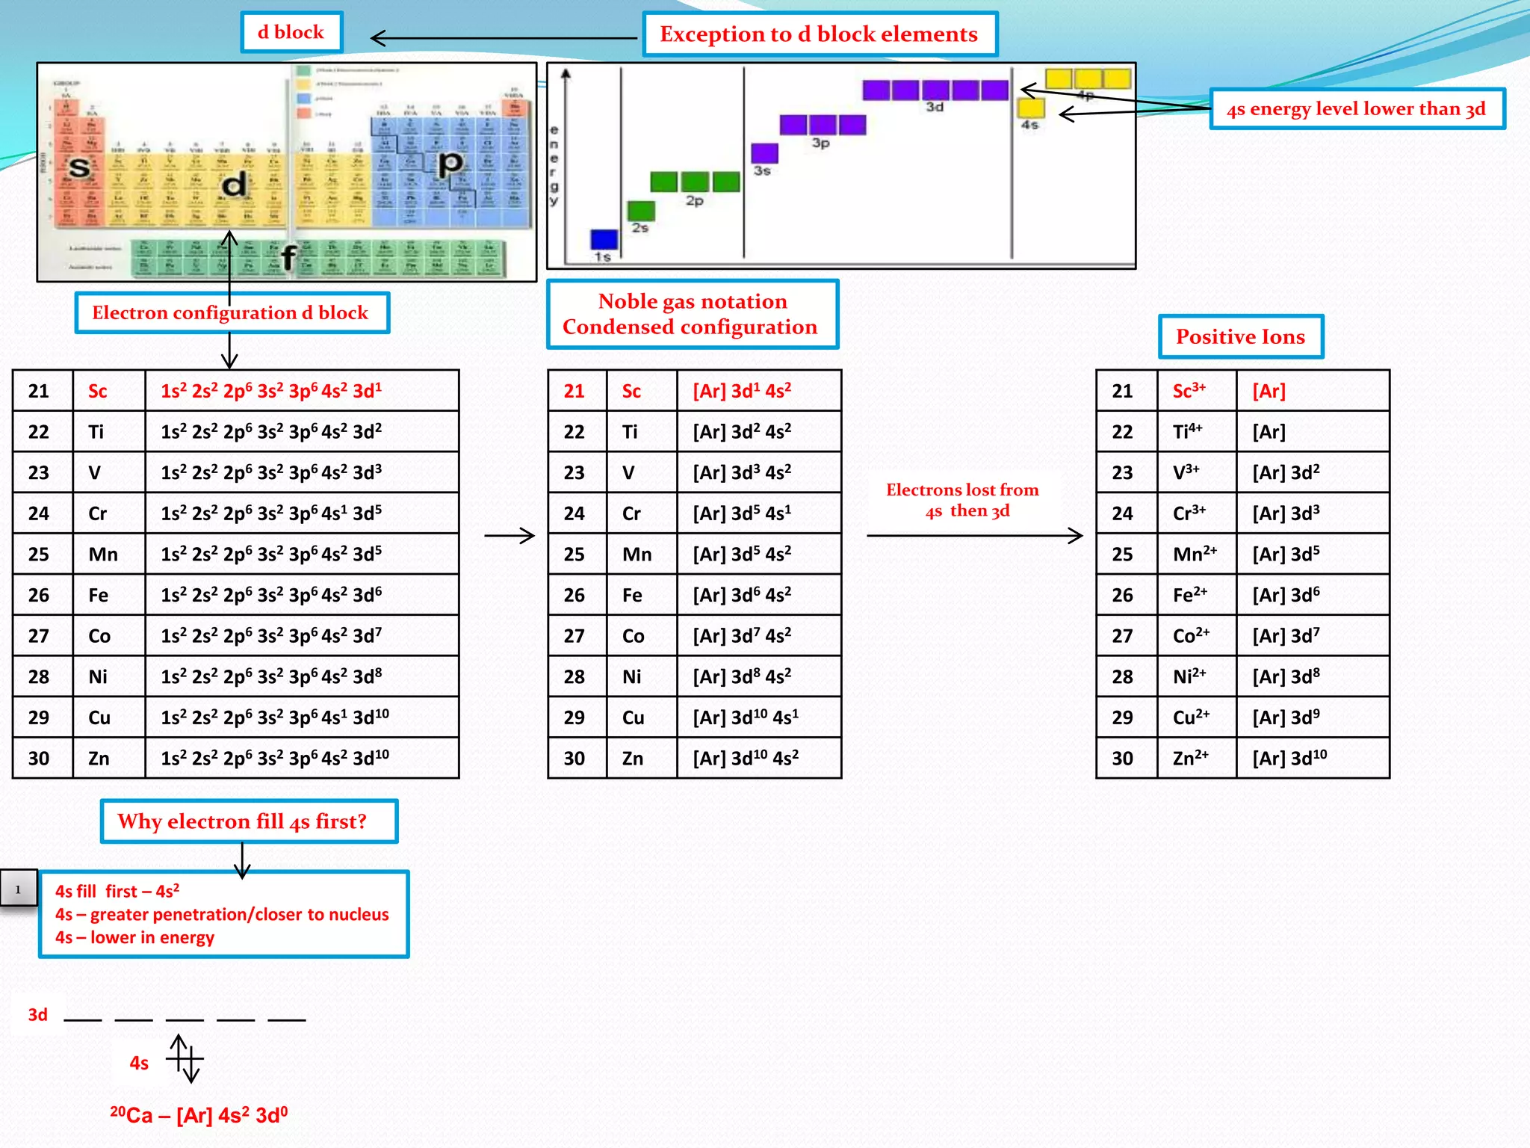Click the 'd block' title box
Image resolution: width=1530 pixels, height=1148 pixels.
point(291,32)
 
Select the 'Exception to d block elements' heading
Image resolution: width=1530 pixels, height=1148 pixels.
point(820,34)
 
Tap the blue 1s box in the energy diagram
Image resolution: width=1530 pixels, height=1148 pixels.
point(604,239)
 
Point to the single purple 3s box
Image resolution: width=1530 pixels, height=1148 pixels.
point(764,153)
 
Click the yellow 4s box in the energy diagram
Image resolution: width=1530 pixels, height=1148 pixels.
point(1030,108)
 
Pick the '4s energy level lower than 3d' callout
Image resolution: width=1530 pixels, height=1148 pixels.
point(1356,109)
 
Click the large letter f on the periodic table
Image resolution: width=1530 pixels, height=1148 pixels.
point(288,257)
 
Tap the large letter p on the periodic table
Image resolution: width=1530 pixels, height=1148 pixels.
point(450,162)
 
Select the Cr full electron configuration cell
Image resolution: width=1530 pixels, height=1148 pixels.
point(301,513)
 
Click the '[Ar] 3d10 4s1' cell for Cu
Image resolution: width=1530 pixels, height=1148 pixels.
point(758,717)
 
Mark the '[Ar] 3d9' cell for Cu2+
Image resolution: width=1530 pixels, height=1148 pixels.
point(1311,717)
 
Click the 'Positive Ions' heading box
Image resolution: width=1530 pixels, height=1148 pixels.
point(1240,336)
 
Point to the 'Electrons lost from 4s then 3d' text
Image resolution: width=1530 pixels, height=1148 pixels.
point(963,500)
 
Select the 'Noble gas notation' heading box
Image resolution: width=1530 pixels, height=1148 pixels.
point(692,314)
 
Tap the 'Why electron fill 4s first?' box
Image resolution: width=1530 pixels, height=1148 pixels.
point(249,821)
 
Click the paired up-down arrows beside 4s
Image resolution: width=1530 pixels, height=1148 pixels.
point(185,1058)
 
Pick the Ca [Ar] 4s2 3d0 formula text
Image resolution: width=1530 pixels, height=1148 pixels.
point(199,1115)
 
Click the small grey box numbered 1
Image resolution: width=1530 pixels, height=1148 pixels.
point(18,889)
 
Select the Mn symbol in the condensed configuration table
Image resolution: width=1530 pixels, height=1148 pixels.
point(637,555)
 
